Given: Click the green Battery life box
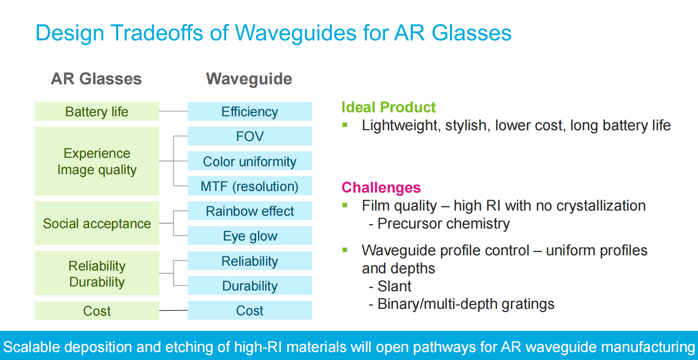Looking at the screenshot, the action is pos(97,111).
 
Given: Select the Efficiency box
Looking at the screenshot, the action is pos(250,111).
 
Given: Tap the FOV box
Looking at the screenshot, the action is pos(250,136).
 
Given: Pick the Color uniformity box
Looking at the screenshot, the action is pos(250,161).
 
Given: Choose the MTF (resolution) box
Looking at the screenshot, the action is pos(250,186).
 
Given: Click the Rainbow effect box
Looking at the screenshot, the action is pos(250,211).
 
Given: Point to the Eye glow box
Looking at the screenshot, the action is pos(250,236).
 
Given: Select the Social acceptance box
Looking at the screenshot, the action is pos(97,223).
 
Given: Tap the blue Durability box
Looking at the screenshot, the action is pos(250,285).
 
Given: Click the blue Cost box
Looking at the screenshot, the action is pos(250,310).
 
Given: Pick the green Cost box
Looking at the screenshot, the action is pos(97,311).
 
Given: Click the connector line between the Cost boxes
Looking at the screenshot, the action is pos(173,310).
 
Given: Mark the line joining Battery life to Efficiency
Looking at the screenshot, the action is pos(173,111).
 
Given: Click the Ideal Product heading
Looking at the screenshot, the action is pos(388,107).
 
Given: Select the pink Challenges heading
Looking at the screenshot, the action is pos(381,187).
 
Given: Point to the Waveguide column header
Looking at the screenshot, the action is pos(249,79).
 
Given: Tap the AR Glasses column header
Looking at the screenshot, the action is pos(96,79).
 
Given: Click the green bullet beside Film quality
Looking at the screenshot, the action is pos(345,205).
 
